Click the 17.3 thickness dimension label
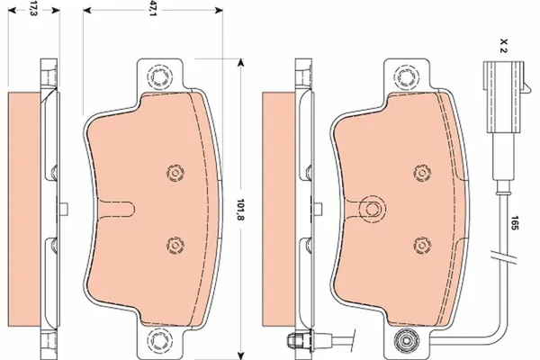coord(33,11)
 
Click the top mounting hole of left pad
coord(160,76)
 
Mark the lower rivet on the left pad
coord(174,244)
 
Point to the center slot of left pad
coord(117,209)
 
